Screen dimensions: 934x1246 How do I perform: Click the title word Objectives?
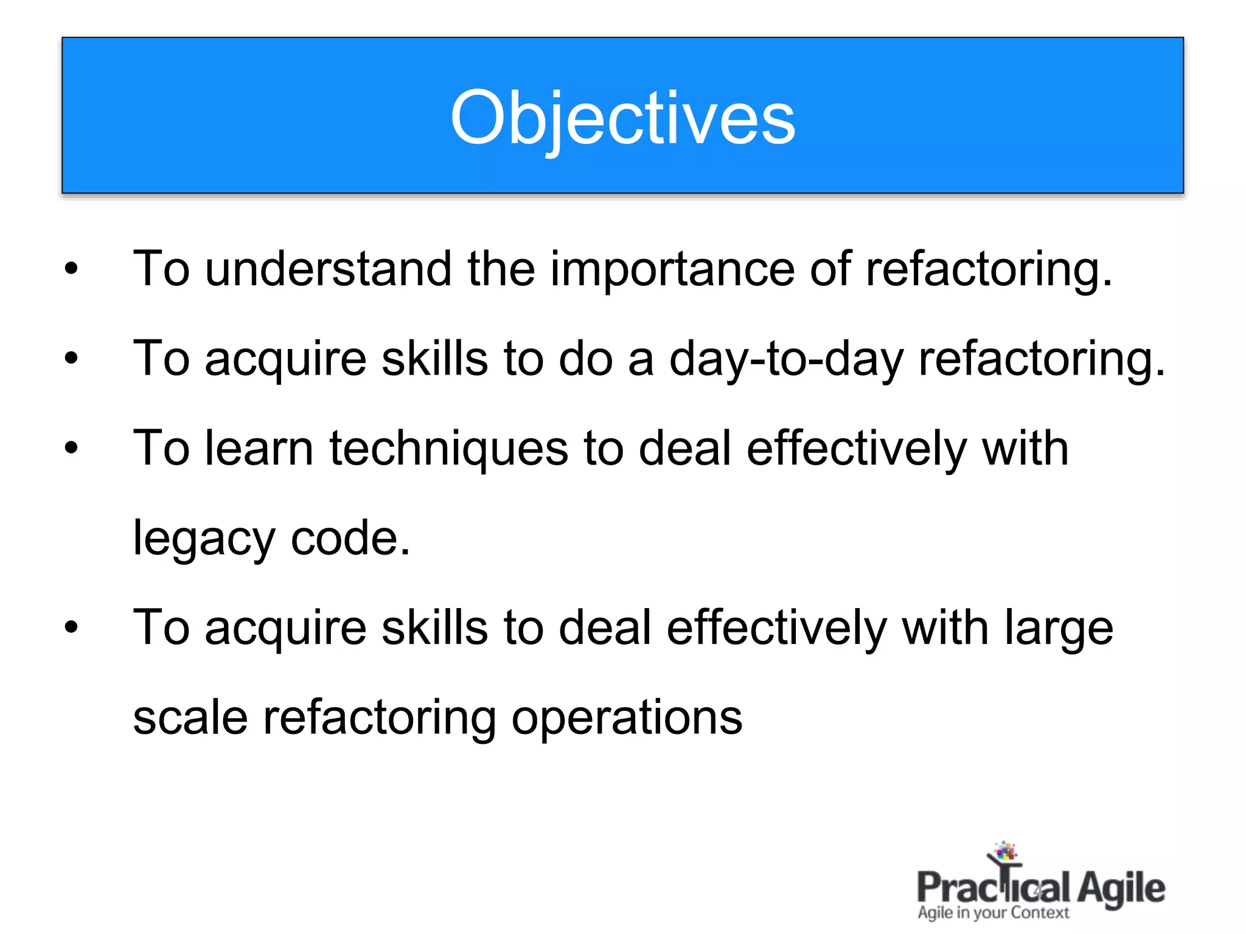tap(622, 117)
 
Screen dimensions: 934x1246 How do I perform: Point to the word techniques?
tap(448, 448)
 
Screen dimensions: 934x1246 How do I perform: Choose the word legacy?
tap(204, 538)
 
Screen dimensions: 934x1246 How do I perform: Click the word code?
tap(349, 538)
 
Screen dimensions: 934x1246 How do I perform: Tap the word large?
tap(1058, 628)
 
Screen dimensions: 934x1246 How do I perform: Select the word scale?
tap(190, 718)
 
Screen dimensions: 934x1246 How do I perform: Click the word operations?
tap(626, 718)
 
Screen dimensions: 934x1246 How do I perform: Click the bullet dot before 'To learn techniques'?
tap(72, 448)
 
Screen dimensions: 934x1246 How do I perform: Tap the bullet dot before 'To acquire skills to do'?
tap(72, 358)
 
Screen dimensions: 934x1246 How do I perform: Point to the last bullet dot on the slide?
tap(72, 628)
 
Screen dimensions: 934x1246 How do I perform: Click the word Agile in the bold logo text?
tap(1121, 888)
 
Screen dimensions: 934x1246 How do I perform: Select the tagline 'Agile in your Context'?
tap(993, 913)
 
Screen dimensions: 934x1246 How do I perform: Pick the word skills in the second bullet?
tap(434, 358)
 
